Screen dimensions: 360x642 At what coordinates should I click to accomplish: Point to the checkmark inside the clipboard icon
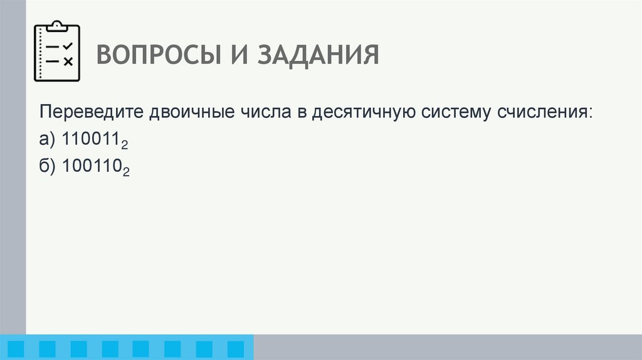point(69,46)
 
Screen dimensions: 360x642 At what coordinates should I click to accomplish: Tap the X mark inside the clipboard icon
point(69,61)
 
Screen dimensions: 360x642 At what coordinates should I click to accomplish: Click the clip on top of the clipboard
point(57,26)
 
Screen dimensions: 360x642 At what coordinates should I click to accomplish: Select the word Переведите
point(91,113)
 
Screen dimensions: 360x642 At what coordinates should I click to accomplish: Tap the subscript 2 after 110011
point(125,145)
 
